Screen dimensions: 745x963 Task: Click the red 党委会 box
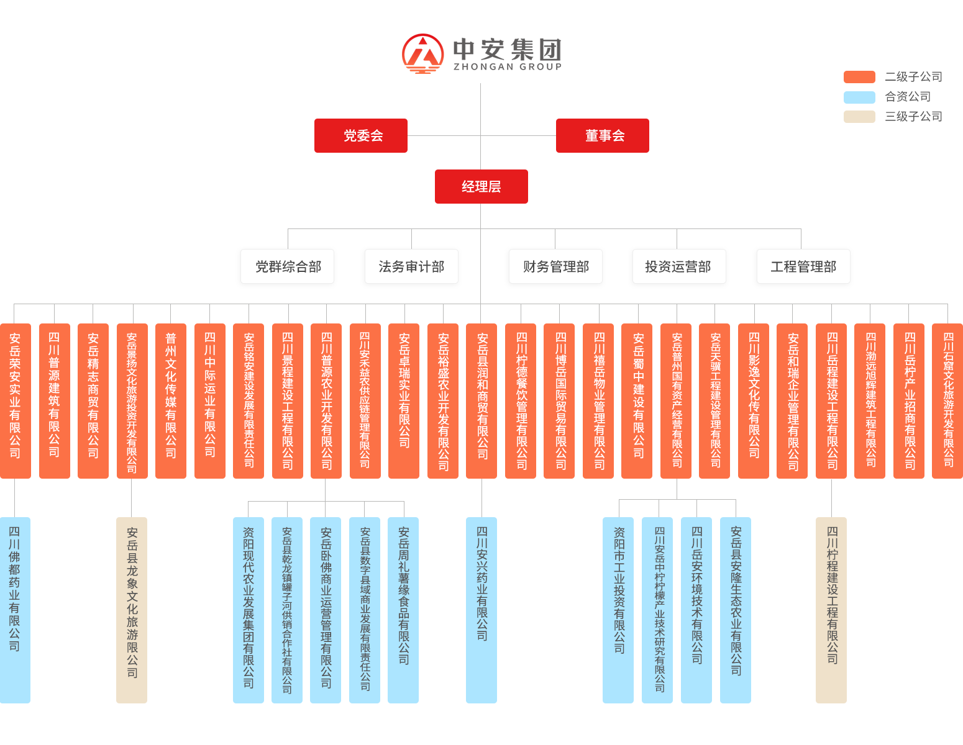360,135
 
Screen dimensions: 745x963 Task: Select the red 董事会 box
602,135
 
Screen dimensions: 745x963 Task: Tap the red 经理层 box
481,186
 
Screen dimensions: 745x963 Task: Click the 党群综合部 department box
288,266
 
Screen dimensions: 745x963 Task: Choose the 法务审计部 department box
411,266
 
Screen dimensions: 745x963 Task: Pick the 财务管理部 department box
555,266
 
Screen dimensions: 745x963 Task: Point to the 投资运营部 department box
678,266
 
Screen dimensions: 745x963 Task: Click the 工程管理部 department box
803,266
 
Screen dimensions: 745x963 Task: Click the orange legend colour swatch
859,76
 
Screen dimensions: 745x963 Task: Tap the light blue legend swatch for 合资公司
859,97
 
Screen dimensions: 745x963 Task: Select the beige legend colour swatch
859,116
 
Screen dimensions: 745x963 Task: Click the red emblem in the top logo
424,54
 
